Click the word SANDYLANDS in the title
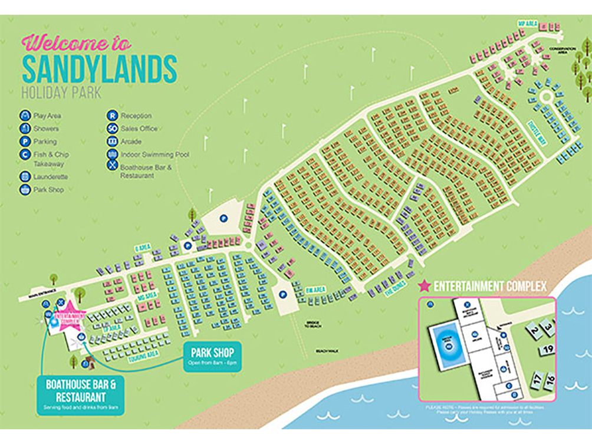[99, 69]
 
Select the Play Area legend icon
[25, 116]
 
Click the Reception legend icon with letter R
[111, 116]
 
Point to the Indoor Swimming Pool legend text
[154, 154]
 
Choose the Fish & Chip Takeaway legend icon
[25, 154]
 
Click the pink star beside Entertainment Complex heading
[424, 287]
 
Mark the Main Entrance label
[41, 298]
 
